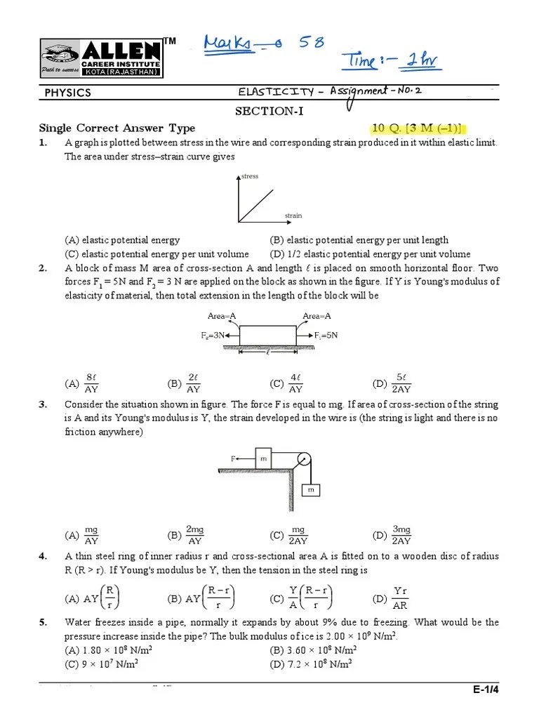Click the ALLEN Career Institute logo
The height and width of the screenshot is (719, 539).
100,58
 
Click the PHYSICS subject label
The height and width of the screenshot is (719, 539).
68,93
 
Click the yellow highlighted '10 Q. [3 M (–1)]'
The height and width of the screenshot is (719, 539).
418,128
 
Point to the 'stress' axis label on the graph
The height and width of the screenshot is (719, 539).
250,176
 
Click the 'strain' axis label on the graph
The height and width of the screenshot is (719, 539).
293,216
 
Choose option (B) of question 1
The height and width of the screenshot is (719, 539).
359,240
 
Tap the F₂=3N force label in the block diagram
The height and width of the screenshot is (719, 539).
213,336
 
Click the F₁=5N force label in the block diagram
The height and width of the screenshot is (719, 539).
325,336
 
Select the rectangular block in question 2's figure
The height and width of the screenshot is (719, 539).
267,336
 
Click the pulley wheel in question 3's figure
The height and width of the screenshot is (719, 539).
303,460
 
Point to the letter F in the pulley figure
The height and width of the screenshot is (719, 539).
232,459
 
